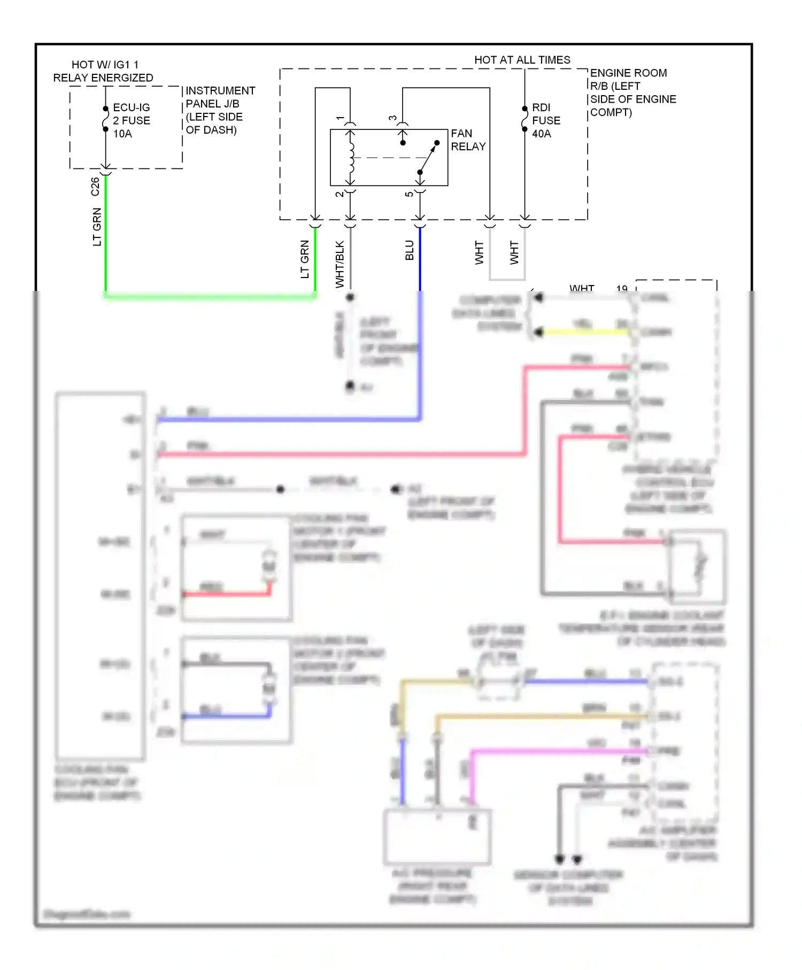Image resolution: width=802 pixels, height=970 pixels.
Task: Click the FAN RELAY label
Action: point(468,140)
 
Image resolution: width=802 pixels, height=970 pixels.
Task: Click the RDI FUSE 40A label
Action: point(546,120)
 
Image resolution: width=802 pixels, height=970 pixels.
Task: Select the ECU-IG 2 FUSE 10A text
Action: point(131,120)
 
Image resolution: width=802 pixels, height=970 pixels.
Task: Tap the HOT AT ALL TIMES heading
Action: point(522,60)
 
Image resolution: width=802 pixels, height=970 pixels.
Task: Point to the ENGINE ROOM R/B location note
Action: point(633,93)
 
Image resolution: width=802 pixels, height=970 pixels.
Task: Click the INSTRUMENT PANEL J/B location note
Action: point(220,110)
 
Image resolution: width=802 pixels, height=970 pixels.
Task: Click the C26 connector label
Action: point(95,187)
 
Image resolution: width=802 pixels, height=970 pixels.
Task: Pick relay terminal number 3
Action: point(392,118)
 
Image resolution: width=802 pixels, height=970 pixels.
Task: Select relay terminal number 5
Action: point(409,194)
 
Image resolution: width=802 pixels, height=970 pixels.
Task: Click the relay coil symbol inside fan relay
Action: point(351,157)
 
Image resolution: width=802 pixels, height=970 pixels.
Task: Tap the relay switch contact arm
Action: point(428,158)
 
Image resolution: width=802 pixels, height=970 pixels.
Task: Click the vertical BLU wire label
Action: point(410,250)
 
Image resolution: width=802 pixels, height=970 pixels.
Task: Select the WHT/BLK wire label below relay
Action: point(340,264)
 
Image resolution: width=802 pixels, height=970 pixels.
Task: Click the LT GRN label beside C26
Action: point(97,227)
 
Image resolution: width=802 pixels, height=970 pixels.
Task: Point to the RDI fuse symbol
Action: point(525,119)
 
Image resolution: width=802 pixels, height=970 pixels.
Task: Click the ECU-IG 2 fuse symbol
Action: point(106,119)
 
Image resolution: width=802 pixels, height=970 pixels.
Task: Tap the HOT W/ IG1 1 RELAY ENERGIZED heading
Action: point(103,71)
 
